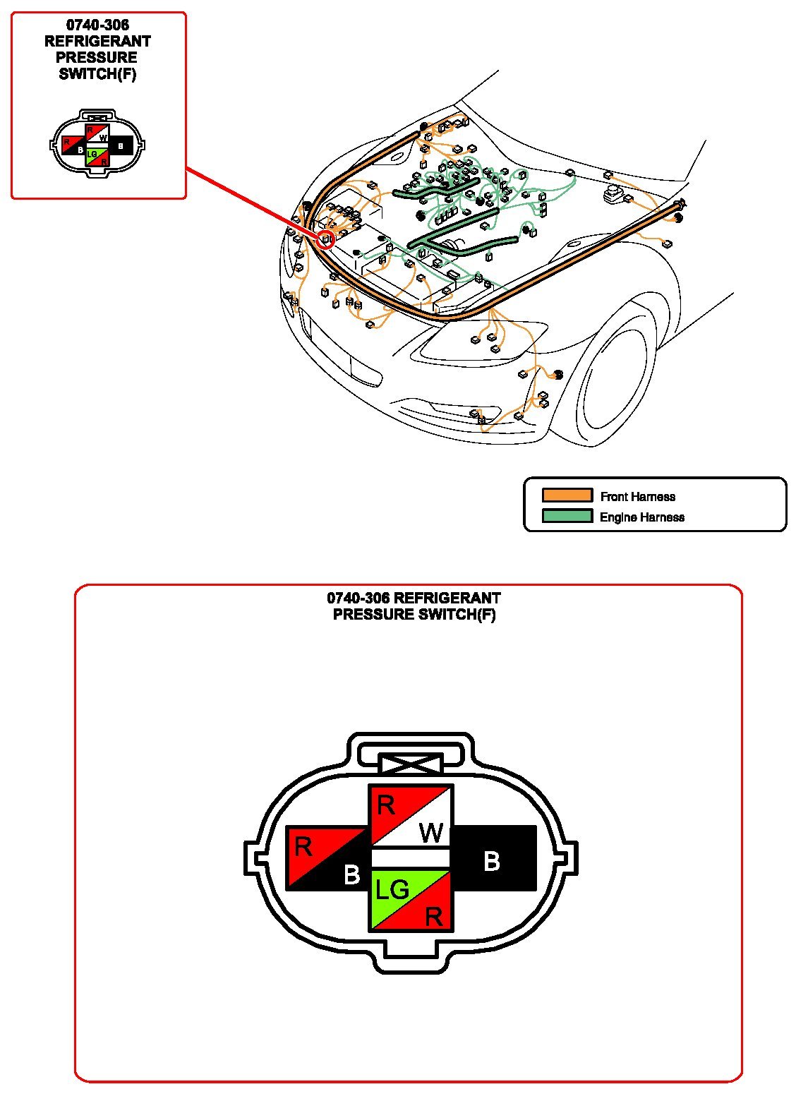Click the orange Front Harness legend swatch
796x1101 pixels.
(x=567, y=495)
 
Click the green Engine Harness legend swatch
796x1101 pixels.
(x=567, y=516)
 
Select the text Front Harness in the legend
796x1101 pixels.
(x=637, y=497)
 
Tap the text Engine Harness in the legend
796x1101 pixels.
(x=641, y=517)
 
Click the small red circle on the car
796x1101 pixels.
(x=325, y=239)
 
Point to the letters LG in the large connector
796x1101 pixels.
(x=392, y=890)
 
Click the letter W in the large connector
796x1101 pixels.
(x=430, y=833)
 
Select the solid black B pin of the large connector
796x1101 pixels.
(x=493, y=858)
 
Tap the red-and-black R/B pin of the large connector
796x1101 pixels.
(x=327, y=858)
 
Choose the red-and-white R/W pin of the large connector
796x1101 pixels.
(x=411, y=817)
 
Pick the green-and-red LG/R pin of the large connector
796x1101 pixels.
(x=411, y=901)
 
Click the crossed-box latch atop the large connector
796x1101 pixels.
(x=411, y=764)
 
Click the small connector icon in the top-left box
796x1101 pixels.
(x=97, y=144)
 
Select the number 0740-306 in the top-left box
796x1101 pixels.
(x=97, y=26)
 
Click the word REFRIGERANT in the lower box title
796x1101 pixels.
(x=447, y=598)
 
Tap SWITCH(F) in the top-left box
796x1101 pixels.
(x=97, y=74)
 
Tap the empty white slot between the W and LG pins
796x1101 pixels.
(x=411, y=858)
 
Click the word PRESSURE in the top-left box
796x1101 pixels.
(x=97, y=58)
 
